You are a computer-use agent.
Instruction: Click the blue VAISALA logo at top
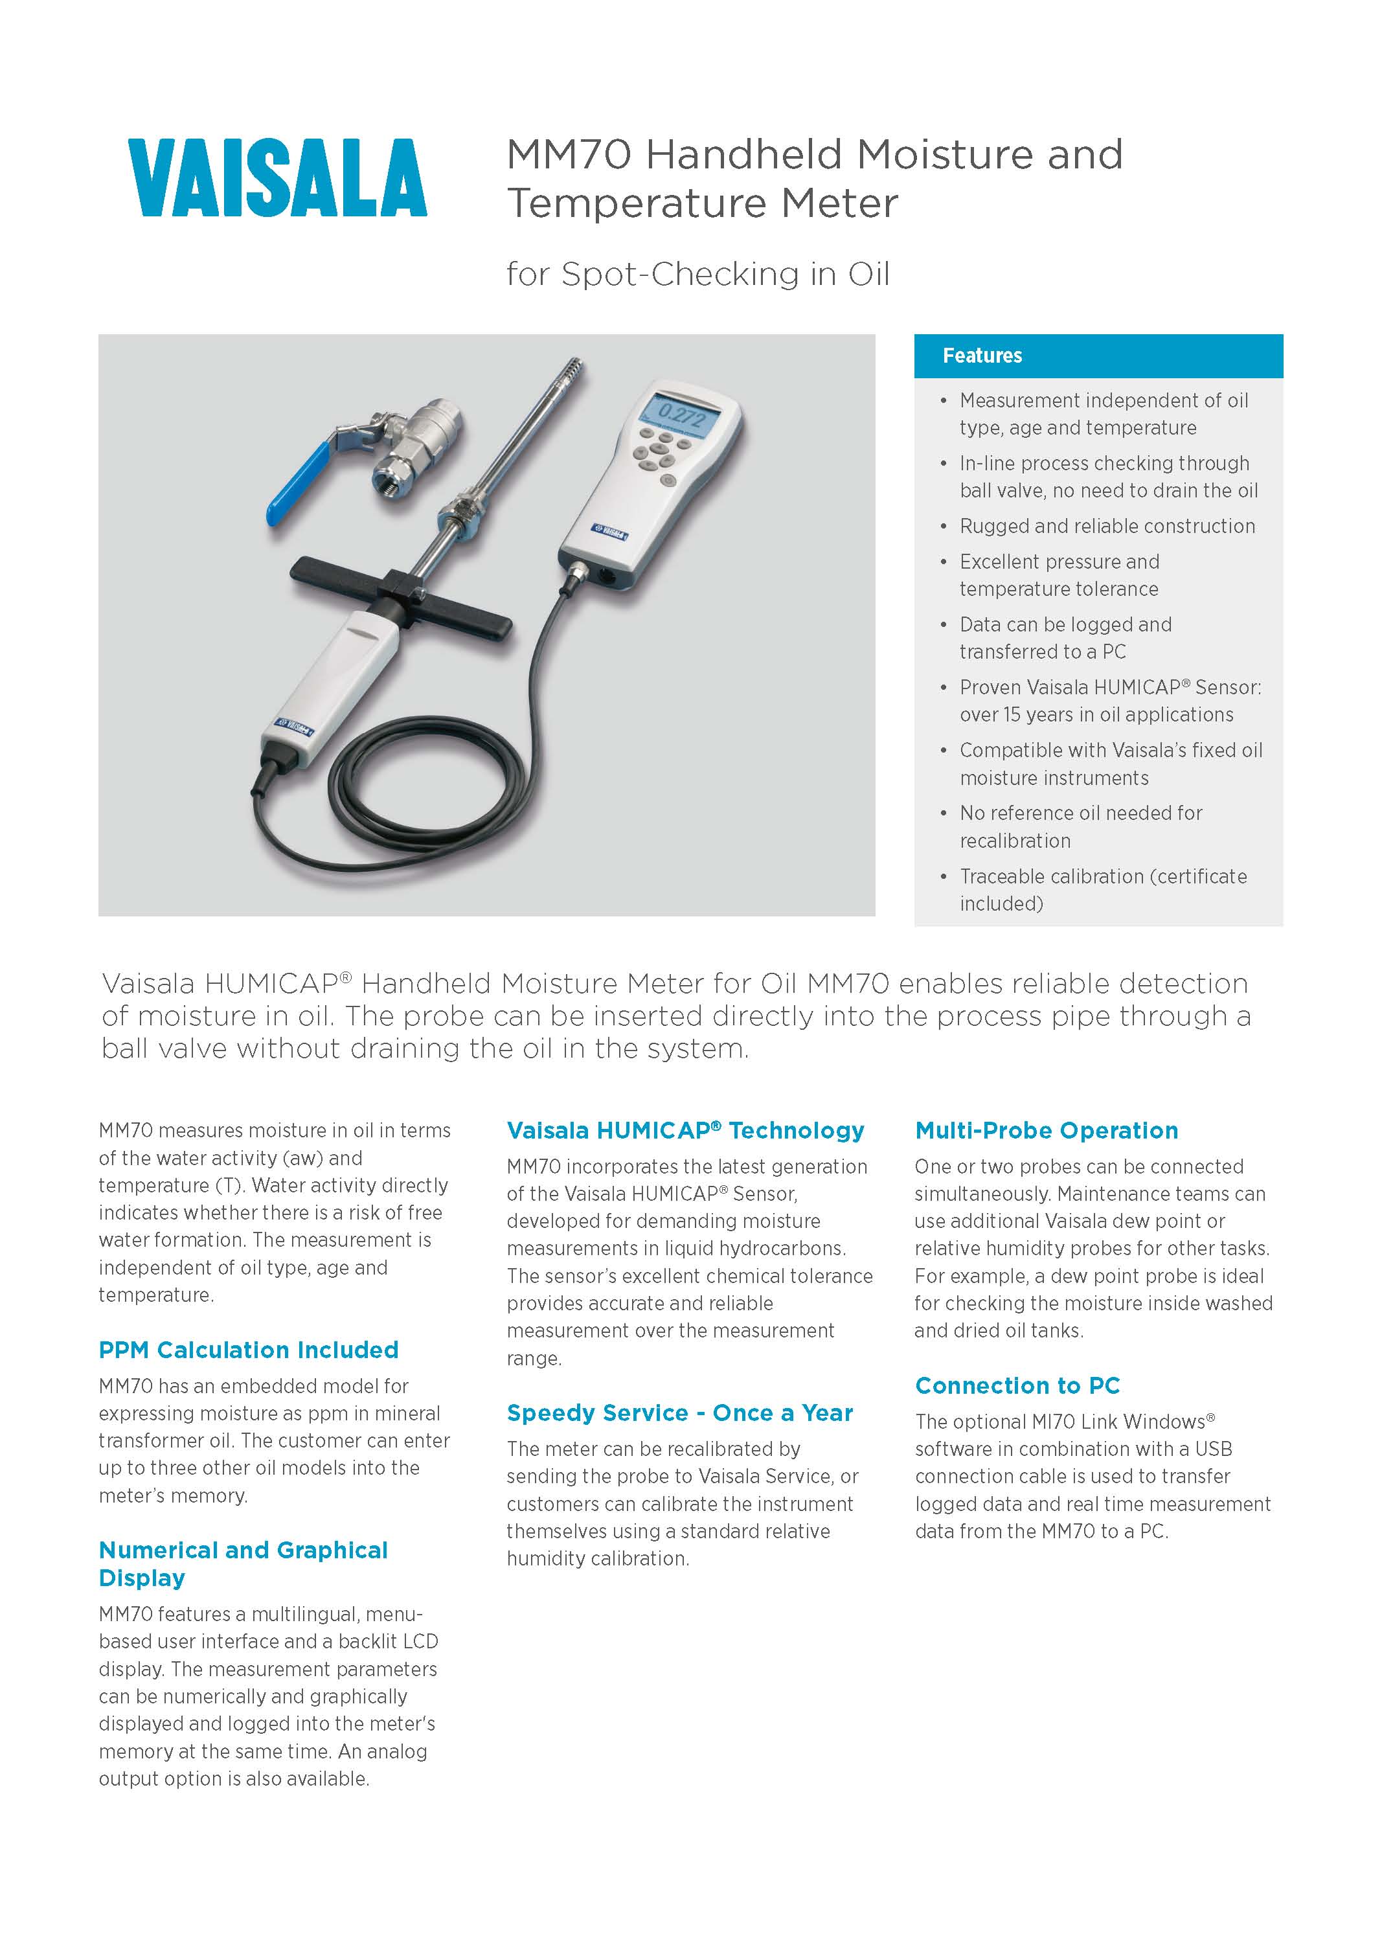(277, 178)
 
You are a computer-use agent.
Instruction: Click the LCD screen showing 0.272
(677, 415)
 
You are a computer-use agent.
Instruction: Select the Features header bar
(1098, 356)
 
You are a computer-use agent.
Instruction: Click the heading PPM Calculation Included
(249, 1350)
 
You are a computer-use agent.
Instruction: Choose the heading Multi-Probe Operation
(1046, 1130)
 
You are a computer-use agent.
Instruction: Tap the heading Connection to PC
(1017, 1385)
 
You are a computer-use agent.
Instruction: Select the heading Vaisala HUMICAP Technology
(685, 1130)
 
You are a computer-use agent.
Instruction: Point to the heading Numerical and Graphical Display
(243, 1563)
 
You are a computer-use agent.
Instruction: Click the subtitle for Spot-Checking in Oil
(698, 274)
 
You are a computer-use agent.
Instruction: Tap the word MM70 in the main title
(569, 155)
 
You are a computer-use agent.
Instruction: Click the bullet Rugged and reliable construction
(1106, 526)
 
